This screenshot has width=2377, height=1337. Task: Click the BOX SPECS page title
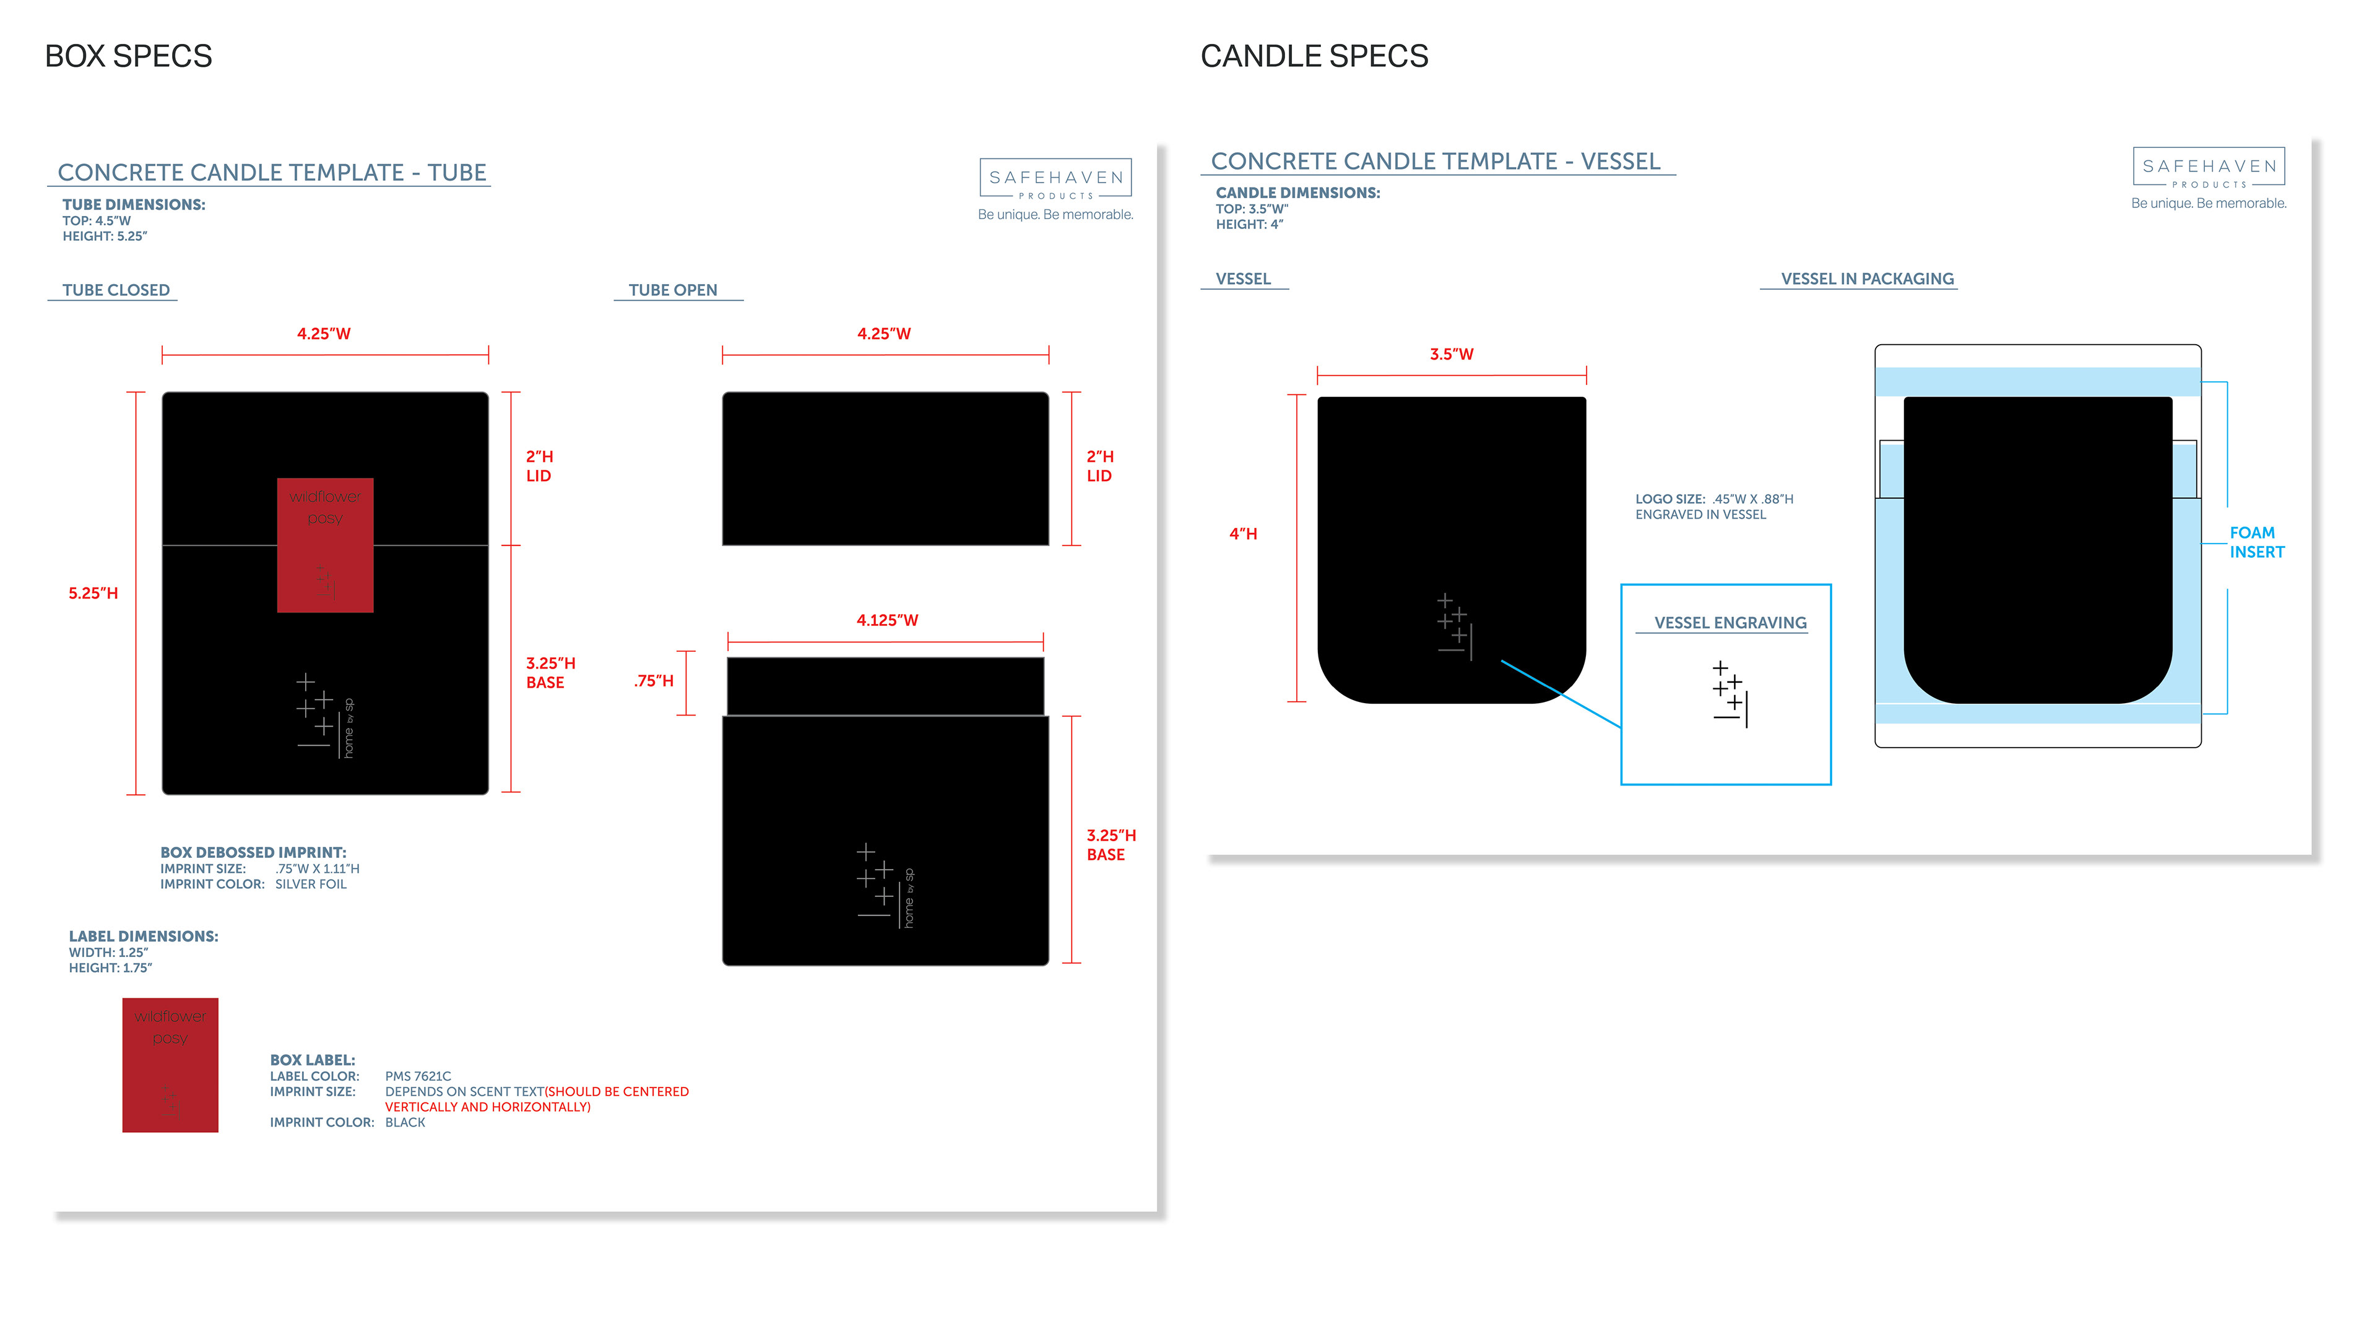(x=128, y=56)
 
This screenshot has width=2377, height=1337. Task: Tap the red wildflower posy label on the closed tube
(x=325, y=545)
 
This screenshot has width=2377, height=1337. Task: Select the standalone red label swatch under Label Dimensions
(x=170, y=1064)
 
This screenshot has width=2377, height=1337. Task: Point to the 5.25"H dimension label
(x=93, y=594)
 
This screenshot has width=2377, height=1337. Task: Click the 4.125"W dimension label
(x=887, y=620)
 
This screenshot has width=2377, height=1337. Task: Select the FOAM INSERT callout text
(x=2256, y=543)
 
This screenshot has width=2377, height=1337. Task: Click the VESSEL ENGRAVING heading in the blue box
(x=1730, y=623)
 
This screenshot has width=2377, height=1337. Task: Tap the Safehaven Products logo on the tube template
(x=1055, y=178)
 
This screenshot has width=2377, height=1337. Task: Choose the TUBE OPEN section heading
(x=673, y=290)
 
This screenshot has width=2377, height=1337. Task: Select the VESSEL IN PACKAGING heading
(x=1867, y=279)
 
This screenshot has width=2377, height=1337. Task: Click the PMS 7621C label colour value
(x=418, y=1076)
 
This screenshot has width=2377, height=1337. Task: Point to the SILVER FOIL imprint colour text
(x=311, y=884)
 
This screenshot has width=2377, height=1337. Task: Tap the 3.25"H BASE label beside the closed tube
(x=550, y=673)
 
